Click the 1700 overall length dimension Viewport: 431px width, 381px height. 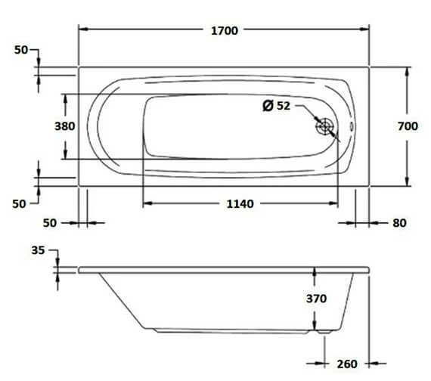(x=225, y=30)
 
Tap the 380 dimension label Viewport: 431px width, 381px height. (x=65, y=127)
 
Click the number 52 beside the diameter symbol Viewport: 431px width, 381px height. (x=284, y=106)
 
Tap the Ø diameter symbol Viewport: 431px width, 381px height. (x=268, y=106)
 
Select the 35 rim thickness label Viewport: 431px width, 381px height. (x=38, y=250)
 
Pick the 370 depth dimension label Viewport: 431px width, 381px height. (x=316, y=299)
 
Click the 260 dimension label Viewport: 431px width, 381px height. (x=347, y=364)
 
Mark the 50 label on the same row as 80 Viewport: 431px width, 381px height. (x=49, y=223)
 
